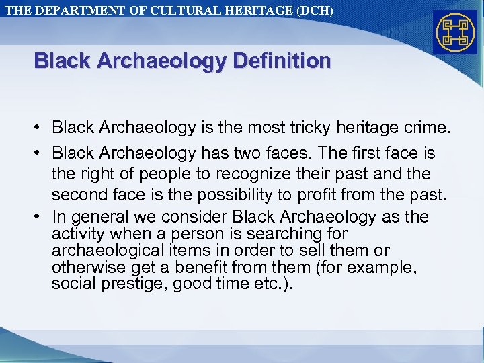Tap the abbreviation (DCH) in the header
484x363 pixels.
click(x=313, y=11)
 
